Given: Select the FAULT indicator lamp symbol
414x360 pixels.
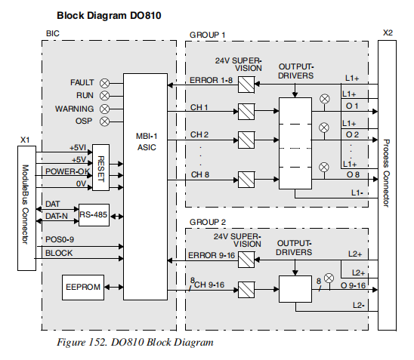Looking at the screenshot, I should (x=105, y=82).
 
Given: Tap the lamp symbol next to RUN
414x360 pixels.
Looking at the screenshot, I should (x=105, y=95).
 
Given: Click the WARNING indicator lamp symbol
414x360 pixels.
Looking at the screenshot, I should (x=105, y=108).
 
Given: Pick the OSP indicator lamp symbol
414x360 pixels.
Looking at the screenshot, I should (x=105, y=121).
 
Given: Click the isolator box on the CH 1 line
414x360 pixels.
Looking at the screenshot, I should (x=246, y=113).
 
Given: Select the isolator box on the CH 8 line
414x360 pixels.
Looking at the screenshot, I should (x=246, y=180).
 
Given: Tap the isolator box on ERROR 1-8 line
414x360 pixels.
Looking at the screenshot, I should (x=246, y=84).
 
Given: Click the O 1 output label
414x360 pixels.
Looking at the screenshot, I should (x=352, y=106).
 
